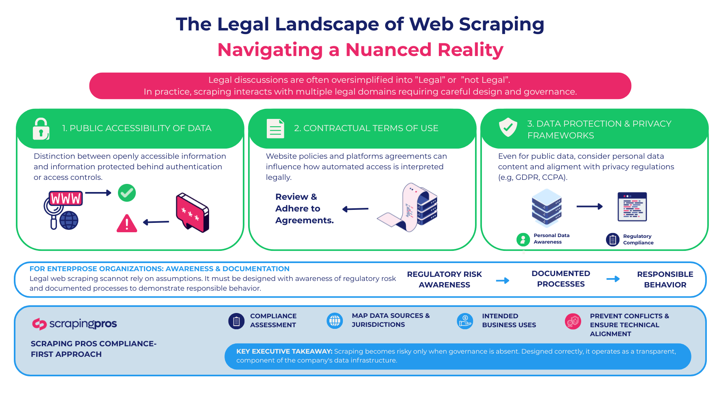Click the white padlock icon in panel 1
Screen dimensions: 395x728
click(x=41, y=129)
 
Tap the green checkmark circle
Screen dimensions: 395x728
click(x=127, y=193)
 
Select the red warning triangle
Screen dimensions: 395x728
click(x=127, y=223)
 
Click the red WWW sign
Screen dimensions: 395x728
click(x=65, y=199)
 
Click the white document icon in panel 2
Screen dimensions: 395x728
click(x=275, y=129)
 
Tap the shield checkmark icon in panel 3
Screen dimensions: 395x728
click(x=508, y=127)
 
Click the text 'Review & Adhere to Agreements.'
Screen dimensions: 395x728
click(x=304, y=209)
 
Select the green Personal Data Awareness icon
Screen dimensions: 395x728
click(x=523, y=240)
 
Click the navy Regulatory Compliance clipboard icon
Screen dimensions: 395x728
click(x=612, y=240)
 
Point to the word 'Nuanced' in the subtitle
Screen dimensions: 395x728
click(x=388, y=50)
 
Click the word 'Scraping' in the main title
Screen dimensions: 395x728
click(x=501, y=24)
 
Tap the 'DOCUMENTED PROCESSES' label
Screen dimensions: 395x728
click(x=561, y=279)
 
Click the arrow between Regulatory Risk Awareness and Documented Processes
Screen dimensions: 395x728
click(x=503, y=281)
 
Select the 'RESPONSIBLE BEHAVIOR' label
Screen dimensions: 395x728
click(x=665, y=280)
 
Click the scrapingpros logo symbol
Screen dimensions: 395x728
click(x=39, y=324)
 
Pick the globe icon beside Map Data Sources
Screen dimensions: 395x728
click(x=335, y=321)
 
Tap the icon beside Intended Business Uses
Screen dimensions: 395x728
click(x=465, y=321)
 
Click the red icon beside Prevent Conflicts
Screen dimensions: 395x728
click(x=573, y=321)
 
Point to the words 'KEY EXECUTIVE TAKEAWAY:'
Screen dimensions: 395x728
click(x=284, y=352)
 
